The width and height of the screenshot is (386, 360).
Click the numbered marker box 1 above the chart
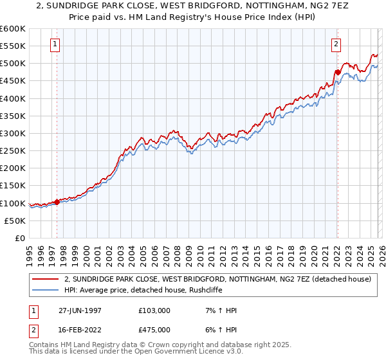pyautogui.click(x=56, y=44)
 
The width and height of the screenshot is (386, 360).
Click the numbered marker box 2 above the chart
pyautogui.click(x=336, y=44)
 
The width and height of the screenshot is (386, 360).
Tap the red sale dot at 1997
pyautogui.click(x=57, y=202)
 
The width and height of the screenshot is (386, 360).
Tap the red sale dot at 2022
pyautogui.click(x=336, y=72)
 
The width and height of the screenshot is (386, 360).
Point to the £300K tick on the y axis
pyautogui.click(x=13, y=133)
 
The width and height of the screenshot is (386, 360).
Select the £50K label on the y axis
pyautogui.click(x=15, y=221)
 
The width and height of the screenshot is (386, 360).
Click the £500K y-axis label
pyautogui.click(x=13, y=64)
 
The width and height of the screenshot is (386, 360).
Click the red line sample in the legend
pyautogui.click(x=46, y=280)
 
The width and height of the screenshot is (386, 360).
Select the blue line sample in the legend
pyautogui.click(x=46, y=291)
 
